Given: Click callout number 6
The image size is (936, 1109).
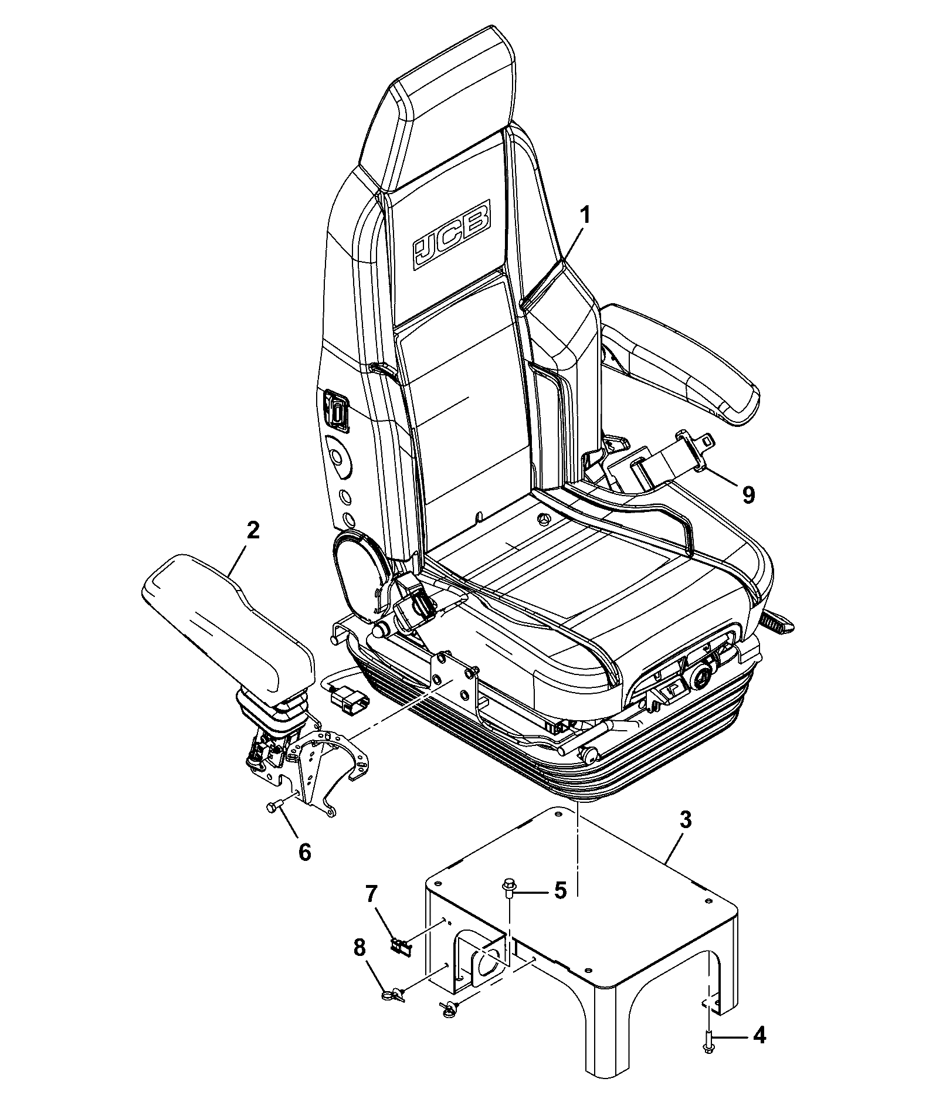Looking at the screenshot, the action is point(304,852).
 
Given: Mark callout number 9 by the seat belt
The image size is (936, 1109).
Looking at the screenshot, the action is point(748,494).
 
